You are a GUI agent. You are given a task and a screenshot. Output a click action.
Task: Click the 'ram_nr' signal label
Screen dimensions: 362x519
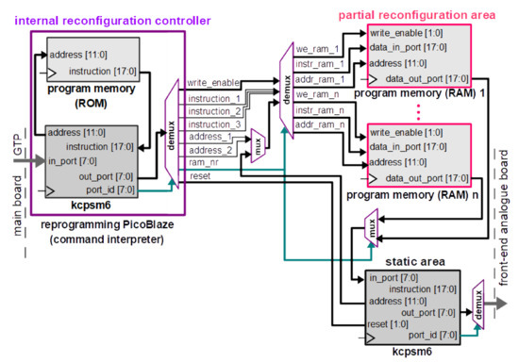point(203,163)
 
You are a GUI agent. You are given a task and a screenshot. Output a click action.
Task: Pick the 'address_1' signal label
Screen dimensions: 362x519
point(209,137)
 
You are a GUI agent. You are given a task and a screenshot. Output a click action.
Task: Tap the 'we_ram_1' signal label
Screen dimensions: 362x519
point(311,49)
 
